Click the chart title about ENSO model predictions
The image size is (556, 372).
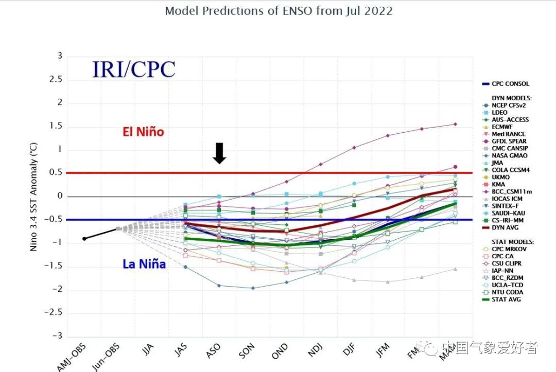(x=279, y=11)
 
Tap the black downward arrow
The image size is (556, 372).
(x=220, y=153)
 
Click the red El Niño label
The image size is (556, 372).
(x=143, y=132)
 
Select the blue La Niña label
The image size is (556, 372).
(x=144, y=264)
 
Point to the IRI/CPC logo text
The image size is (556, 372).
(x=134, y=69)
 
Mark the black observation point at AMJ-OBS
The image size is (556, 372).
(x=84, y=239)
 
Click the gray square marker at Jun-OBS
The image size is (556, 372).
(x=118, y=229)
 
